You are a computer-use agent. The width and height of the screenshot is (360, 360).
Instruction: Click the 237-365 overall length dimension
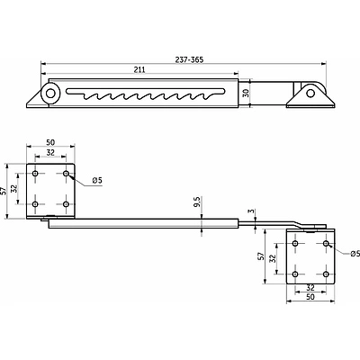click(189, 59)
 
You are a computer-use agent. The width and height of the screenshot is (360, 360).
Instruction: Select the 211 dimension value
click(139, 69)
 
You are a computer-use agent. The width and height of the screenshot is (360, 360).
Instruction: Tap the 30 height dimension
click(246, 93)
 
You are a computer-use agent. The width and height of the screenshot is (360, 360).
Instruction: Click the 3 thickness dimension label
click(252, 211)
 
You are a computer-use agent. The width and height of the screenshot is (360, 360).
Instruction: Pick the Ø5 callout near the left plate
click(97, 180)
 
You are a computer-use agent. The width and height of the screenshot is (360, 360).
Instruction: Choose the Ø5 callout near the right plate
click(355, 254)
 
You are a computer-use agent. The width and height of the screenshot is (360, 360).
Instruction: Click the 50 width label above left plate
click(50, 142)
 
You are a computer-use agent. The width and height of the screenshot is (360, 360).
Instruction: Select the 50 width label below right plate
click(310, 297)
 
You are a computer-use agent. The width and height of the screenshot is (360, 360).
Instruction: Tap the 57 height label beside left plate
click(4, 191)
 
